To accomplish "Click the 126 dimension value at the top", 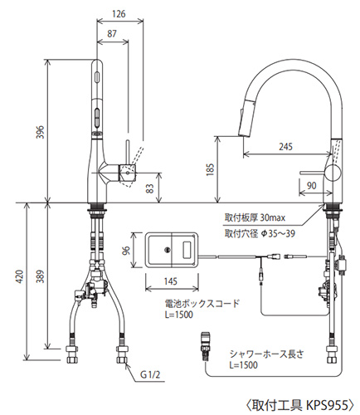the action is point(119,13).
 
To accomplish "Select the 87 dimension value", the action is point(112,34).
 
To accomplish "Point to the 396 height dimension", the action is point(41,132).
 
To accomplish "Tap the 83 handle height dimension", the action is point(149,188).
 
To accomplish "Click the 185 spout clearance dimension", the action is point(210,169).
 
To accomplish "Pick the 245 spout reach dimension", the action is point(285,147).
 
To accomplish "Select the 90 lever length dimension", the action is point(312,186).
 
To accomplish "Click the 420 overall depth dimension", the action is point(20,276).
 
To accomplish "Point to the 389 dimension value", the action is point(41,276).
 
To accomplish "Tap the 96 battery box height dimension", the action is point(126,251).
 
